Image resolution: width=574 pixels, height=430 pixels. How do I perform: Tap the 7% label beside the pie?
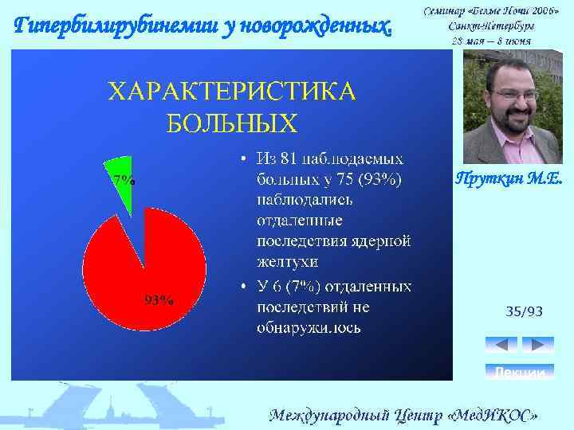(x=124, y=180)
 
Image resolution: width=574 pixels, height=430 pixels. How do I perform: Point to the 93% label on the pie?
(x=159, y=300)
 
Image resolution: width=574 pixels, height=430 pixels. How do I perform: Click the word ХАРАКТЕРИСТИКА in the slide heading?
(x=232, y=92)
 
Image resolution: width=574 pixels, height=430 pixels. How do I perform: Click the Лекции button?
(x=519, y=372)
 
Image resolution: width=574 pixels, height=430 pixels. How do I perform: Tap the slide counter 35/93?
(x=525, y=311)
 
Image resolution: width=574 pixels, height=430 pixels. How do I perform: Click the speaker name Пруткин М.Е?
(x=509, y=180)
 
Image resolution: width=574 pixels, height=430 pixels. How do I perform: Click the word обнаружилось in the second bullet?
(x=308, y=327)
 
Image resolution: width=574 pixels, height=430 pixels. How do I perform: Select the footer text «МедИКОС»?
(x=493, y=415)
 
